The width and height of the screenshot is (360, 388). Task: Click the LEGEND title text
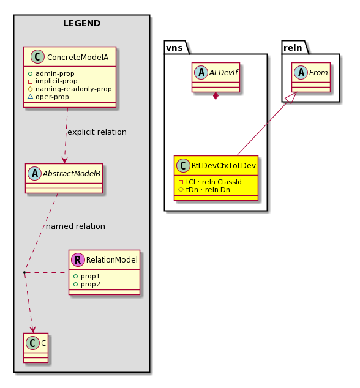81,23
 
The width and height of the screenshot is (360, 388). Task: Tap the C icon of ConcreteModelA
37,57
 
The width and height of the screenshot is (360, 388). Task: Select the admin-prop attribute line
51,73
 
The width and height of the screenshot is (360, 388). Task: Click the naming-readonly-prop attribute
70,89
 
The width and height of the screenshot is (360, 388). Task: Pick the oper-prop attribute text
48,97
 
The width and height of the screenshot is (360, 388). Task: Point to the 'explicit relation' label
97,132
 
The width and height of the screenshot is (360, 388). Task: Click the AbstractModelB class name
72,173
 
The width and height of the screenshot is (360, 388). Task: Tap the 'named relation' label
75,226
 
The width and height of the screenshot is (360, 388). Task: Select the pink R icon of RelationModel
78,259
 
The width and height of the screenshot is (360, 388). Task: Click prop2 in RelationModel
87,284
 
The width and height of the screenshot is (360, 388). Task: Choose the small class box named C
36,348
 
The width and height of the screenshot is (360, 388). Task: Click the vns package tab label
174,48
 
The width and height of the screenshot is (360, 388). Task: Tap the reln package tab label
293,48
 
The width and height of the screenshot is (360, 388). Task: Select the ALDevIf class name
223,72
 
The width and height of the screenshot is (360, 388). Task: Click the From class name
318,72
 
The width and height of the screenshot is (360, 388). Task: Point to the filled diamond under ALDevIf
216,95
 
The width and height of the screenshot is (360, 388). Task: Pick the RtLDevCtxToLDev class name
223,165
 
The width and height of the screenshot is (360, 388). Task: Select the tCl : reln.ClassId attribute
210,182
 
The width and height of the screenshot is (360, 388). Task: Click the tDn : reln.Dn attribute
204,190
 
